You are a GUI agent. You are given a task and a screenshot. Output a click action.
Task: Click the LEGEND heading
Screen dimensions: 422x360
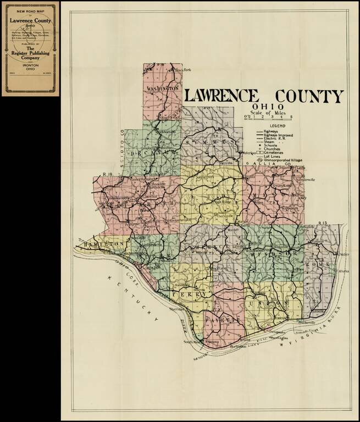tap(270, 126)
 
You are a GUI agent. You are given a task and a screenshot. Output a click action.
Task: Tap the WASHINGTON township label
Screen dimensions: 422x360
tap(162, 88)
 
